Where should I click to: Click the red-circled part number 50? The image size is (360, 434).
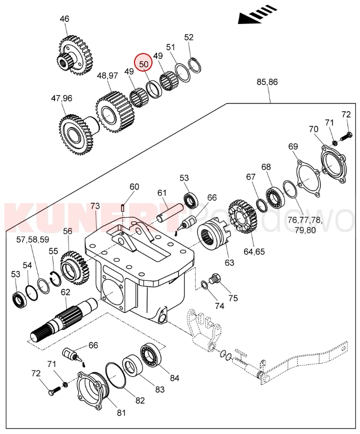144,64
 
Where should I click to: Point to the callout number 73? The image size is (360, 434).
95,206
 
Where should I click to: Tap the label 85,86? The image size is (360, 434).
267,82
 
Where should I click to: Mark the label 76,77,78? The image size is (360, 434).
305,220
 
